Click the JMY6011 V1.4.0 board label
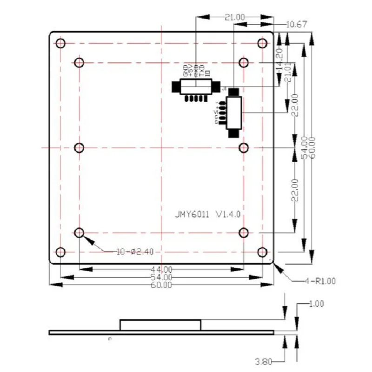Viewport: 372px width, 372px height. (207, 214)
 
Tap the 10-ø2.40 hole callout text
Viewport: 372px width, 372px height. (135, 252)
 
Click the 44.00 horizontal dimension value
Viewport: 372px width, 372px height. (161, 269)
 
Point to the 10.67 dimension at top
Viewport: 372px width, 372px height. (297, 25)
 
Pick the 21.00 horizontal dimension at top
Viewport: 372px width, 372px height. (234, 17)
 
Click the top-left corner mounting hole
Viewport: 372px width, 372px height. (60, 44)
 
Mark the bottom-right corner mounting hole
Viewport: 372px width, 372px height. (262, 252)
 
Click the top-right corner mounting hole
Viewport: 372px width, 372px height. (262, 44)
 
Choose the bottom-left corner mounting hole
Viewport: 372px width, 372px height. (60, 252)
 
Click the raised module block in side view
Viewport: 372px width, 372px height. (160, 325)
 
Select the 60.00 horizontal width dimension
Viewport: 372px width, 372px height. (161, 285)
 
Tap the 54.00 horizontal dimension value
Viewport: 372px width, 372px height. (161, 277)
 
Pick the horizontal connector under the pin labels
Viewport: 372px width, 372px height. (195, 86)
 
